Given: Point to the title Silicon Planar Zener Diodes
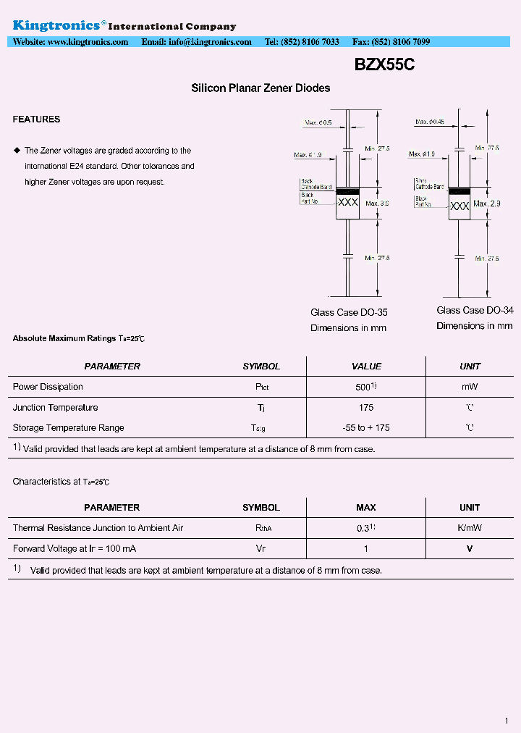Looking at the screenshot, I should (x=260, y=88).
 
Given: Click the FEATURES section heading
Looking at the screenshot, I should (x=36, y=120).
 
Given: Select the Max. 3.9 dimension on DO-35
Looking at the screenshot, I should (x=377, y=204).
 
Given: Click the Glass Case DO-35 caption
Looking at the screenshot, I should (x=349, y=313).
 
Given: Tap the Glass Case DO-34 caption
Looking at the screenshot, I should (x=475, y=310).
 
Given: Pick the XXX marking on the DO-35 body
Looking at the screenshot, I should (x=348, y=203).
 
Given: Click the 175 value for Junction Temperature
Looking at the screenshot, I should (x=365, y=408).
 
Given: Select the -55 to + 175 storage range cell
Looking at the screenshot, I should (x=365, y=428).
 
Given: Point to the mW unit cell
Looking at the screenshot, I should (x=470, y=388).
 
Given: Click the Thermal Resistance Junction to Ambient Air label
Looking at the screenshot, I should (x=98, y=528).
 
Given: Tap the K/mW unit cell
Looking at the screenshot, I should (x=470, y=528).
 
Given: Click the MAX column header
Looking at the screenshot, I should (x=365, y=508).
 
